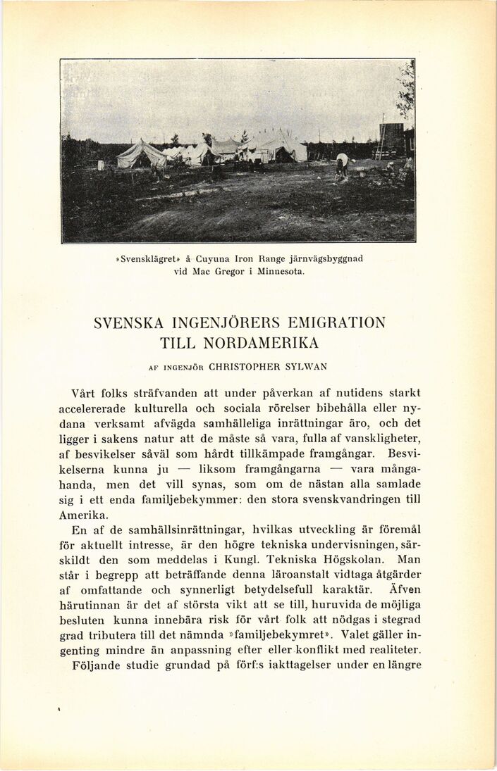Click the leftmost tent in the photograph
tap(139, 154)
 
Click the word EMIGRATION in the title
tap(337, 323)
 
